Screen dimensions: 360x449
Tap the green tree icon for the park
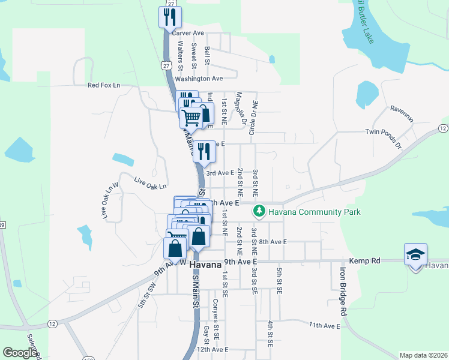point(259,211)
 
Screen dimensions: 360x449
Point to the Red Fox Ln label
point(104,85)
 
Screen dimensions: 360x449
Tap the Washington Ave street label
point(199,79)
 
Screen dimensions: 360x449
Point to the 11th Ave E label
point(325,325)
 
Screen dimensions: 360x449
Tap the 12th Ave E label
point(212,349)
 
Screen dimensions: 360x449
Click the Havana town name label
point(206,265)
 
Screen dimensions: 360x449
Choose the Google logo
point(20,353)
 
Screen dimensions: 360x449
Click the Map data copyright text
point(423,355)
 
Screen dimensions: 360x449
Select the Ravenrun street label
point(402,110)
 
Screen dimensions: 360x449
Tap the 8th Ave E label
point(273,242)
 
